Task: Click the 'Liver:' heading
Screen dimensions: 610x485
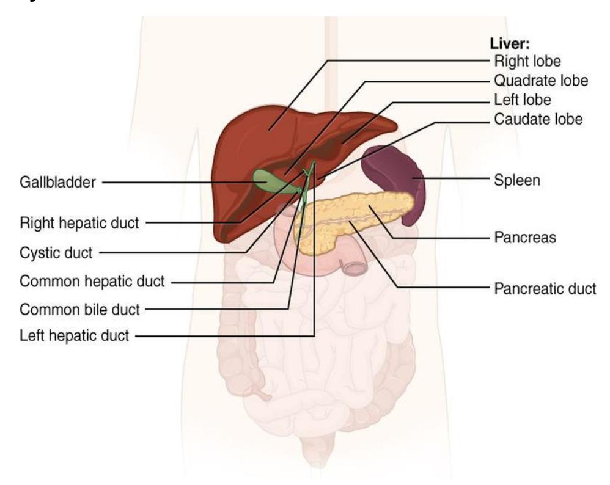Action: click(x=510, y=43)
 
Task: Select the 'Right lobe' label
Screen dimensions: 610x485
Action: click(x=527, y=61)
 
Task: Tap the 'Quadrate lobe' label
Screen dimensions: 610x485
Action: click(x=541, y=81)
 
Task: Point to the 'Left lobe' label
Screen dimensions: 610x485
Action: click(x=523, y=100)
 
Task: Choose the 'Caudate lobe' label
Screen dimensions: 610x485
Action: click(x=538, y=119)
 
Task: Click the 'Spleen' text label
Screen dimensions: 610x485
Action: click(x=517, y=180)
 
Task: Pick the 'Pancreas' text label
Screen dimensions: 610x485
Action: click(x=525, y=237)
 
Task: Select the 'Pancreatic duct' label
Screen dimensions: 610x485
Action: click(x=545, y=289)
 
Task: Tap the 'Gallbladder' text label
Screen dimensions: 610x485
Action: click(x=57, y=182)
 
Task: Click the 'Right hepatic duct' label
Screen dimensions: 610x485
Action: click(x=79, y=223)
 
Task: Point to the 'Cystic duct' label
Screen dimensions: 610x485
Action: click(x=56, y=253)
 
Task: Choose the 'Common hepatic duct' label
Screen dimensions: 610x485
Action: click(x=92, y=281)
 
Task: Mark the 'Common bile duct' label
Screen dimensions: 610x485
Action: click(x=79, y=310)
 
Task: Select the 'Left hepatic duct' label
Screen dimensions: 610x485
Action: click(x=74, y=335)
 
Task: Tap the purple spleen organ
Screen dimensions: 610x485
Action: click(x=393, y=175)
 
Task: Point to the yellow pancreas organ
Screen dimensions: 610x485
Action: click(x=350, y=218)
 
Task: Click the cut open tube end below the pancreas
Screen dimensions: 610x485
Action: click(x=354, y=269)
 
